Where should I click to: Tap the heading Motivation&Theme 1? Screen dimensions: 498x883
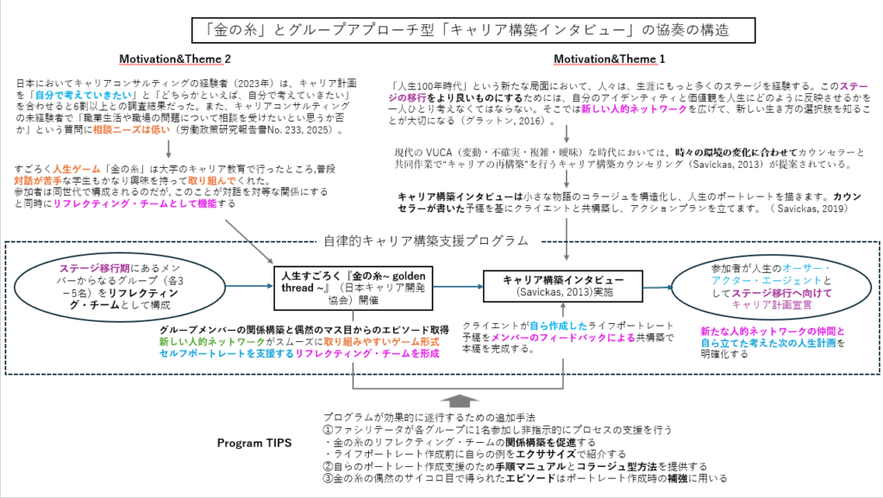click(x=611, y=59)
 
